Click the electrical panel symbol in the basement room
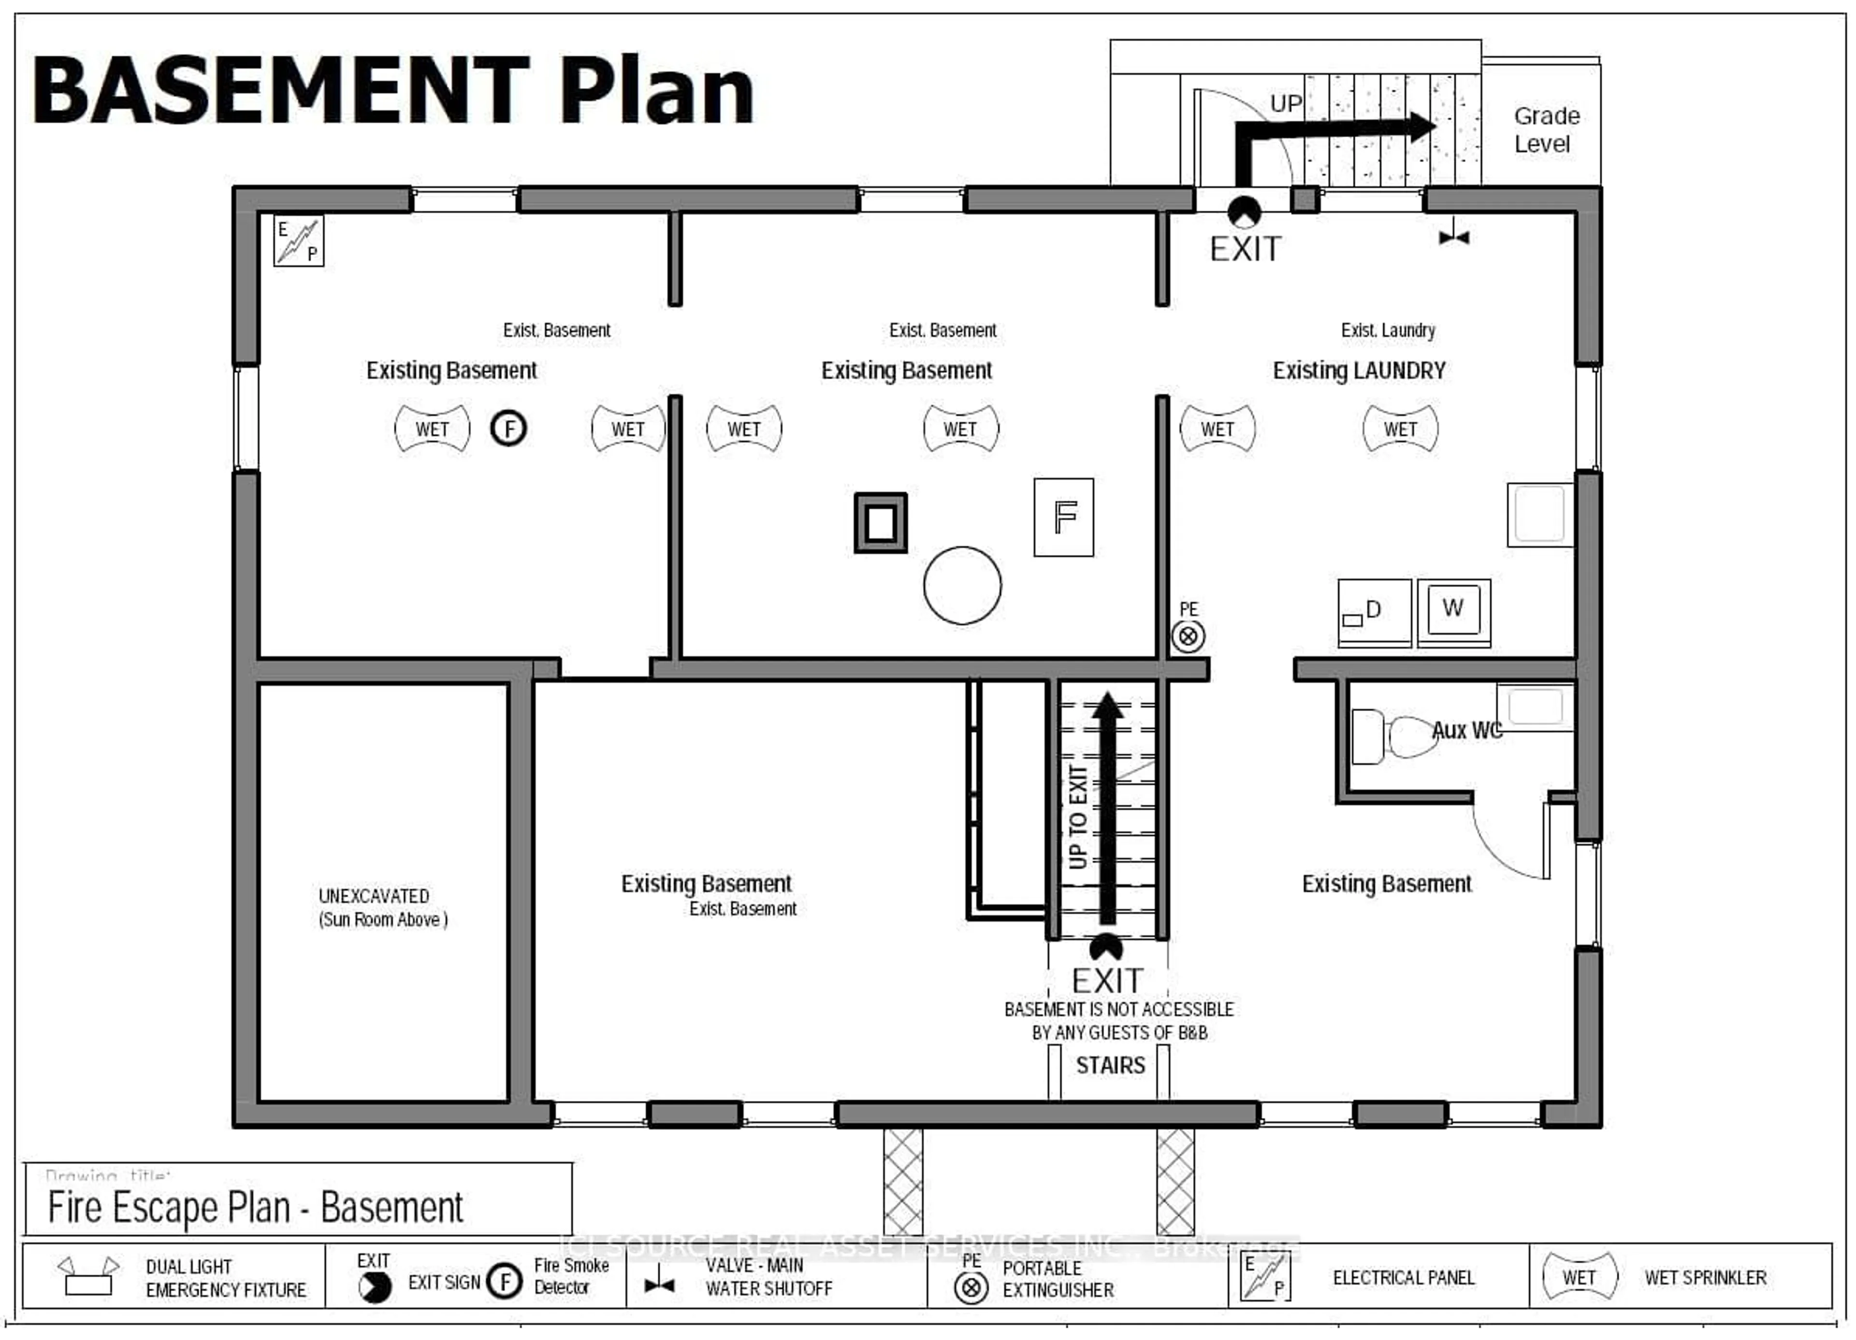[299, 241]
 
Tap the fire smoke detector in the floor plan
[508, 428]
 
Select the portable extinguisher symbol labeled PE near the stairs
[1188, 636]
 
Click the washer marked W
[1453, 610]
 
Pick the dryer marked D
[1374, 612]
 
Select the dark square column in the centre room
[881, 523]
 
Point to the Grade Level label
[1545, 129]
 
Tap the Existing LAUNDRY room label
[1359, 371]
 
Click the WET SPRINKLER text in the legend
[1705, 1277]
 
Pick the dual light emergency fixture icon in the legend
[88, 1276]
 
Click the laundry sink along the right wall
[1539, 514]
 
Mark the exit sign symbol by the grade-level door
[1245, 213]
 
